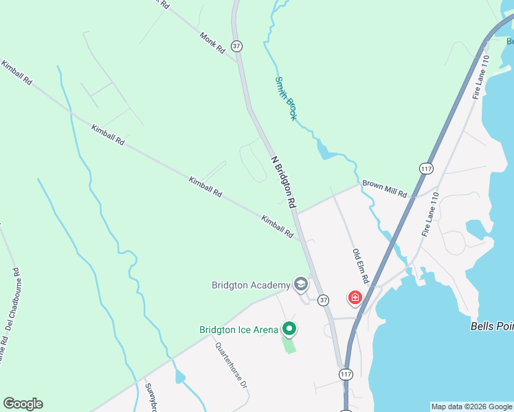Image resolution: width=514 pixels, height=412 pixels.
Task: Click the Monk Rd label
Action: (212, 43)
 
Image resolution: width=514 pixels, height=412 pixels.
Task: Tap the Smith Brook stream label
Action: (286, 98)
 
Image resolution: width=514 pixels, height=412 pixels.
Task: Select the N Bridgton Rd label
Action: (283, 182)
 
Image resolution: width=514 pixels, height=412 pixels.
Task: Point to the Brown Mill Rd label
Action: (385, 189)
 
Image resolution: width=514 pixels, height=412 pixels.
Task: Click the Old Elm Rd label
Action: (361, 266)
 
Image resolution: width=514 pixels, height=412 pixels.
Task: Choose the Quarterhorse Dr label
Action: (231, 366)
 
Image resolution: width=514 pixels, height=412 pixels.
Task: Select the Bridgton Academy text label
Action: (252, 284)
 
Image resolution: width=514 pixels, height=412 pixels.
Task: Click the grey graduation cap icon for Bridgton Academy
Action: (300, 284)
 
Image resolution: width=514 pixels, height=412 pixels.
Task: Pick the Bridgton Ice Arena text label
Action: (238, 330)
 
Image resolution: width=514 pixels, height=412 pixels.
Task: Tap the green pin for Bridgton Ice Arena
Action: (289, 330)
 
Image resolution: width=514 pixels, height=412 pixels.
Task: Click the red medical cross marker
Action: (355, 297)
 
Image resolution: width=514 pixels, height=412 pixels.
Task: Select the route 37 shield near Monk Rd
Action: (237, 46)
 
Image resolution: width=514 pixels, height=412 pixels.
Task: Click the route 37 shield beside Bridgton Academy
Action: (324, 300)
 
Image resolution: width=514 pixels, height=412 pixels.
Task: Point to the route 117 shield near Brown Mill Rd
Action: (425, 168)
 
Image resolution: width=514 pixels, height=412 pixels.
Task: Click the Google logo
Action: (23, 404)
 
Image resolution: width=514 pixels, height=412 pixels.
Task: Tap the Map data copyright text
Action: (472, 407)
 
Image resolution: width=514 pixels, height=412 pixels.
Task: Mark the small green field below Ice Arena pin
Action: (289, 344)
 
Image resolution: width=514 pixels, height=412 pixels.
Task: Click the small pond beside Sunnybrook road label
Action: (180, 377)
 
